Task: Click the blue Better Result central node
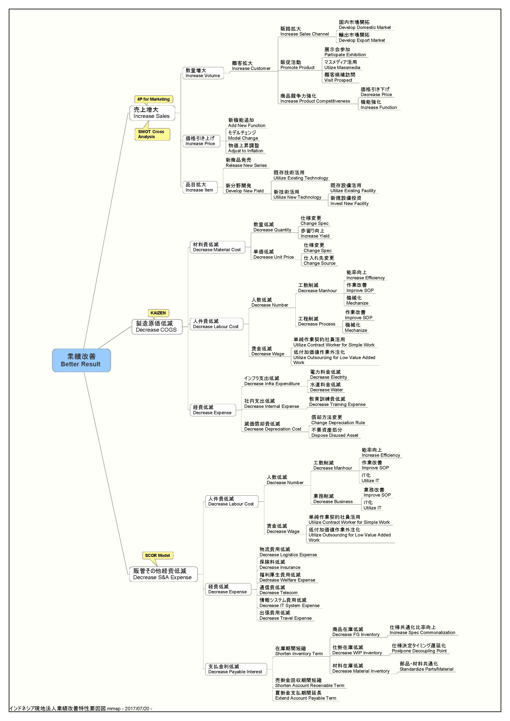point(81,360)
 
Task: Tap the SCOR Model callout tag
point(157,555)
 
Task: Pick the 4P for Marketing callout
point(153,99)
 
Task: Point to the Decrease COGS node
point(157,327)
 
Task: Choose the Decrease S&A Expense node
point(163,574)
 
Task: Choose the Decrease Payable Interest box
point(235,669)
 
